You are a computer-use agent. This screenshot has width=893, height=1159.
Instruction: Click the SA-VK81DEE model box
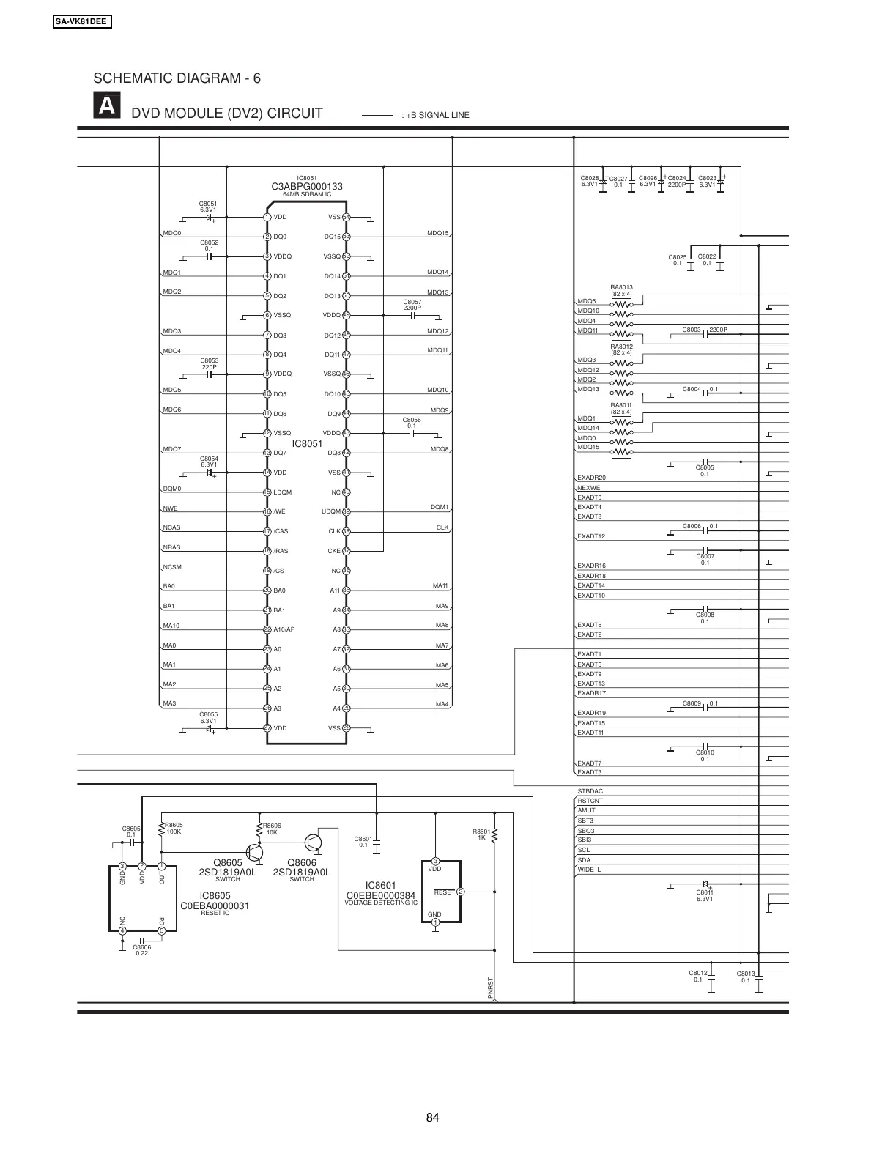pos(81,22)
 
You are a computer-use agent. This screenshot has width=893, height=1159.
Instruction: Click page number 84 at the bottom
pos(432,1117)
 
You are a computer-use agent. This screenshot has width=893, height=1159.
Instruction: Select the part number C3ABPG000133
pos(307,187)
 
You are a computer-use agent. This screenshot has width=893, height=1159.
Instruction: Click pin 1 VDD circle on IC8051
pos(267,217)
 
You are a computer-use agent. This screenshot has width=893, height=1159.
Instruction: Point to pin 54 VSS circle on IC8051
pos(347,217)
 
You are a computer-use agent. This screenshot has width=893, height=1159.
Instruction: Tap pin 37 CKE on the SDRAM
pos(347,551)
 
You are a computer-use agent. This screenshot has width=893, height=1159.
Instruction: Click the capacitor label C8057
pos(412,302)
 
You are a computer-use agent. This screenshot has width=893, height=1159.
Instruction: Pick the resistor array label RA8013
pos(621,288)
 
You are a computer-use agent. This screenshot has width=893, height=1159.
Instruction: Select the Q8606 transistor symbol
pos(314,843)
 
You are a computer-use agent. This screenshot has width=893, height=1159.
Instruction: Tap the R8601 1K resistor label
pos(481,834)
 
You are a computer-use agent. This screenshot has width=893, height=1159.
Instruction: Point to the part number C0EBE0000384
pos(380,896)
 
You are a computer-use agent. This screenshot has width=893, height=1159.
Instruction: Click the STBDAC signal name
pos(590,791)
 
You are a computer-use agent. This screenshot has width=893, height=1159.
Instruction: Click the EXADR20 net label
pos(592,478)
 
